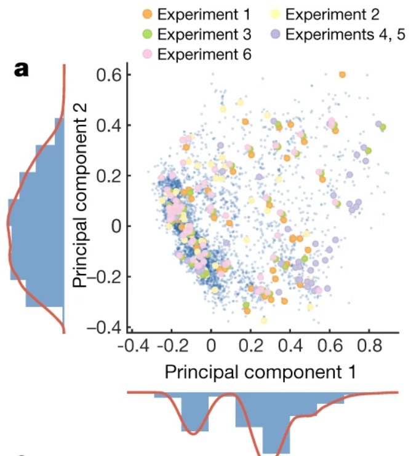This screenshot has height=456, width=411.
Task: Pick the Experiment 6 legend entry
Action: point(194,53)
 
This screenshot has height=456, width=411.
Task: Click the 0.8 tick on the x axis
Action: point(370,343)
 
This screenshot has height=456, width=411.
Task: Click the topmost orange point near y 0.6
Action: point(342,75)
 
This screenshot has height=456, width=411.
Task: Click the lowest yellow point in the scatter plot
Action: point(264,320)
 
